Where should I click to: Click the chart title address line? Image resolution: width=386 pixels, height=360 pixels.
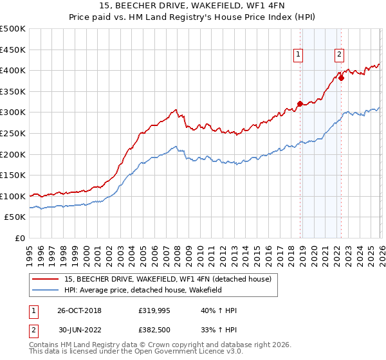click(192, 6)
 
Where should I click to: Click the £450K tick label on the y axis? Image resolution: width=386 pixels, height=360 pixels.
click(13, 50)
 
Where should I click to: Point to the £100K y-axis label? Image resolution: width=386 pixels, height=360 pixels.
click(13, 196)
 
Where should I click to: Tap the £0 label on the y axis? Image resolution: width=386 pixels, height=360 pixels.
click(19, 239)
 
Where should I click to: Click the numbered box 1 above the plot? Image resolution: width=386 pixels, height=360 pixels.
click(299, 55)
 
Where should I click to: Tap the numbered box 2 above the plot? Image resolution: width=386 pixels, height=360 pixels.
click(339, 55)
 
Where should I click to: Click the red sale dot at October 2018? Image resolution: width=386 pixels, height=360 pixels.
click(300, 104)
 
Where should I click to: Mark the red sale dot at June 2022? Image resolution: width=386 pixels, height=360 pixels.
click(342, 78)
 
